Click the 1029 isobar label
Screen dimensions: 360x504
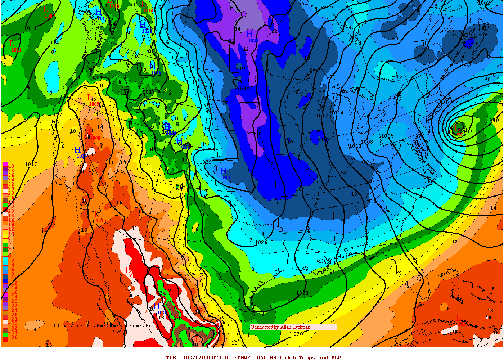pyautogui.click(x=206, y=162)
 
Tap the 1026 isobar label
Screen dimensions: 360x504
pyautogui.click(x=261, y=242)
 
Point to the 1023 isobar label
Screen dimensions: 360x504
pyautogui.click(x=302, y=293)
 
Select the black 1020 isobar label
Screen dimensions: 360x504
pyautogui.click(x=297, y=334)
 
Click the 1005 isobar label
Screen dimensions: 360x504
pyautogui.click(x=388, y=136)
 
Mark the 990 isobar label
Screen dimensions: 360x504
pyautogui.click(x=494, y=120)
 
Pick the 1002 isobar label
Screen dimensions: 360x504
pyautogui.click(x=484, y=3)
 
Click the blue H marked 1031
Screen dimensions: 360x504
pyautogui.click(x=223, y=171)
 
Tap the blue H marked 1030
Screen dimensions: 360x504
pyautogui.click(x=249, y=34)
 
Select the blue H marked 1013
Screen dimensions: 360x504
pyautogui.click(x=156, y=306)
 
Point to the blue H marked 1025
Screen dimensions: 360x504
pyautogui.click(x=179, y=141)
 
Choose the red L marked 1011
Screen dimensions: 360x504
pyautogui.click(x=12, y=44)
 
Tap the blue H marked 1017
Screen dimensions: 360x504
pyautogui.click(x=98, y=12)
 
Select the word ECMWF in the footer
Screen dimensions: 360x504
pyautogui.click(x=242, y=357)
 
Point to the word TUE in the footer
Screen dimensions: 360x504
pyautogui.click(x=171, y=357)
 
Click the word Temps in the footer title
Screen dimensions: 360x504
pyautogui.click(x=307, y=357)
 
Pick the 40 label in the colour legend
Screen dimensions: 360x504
pyautogui.click(x=11, y=166)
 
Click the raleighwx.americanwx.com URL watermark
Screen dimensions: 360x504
pyautogui.click(x=104, y=325)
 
